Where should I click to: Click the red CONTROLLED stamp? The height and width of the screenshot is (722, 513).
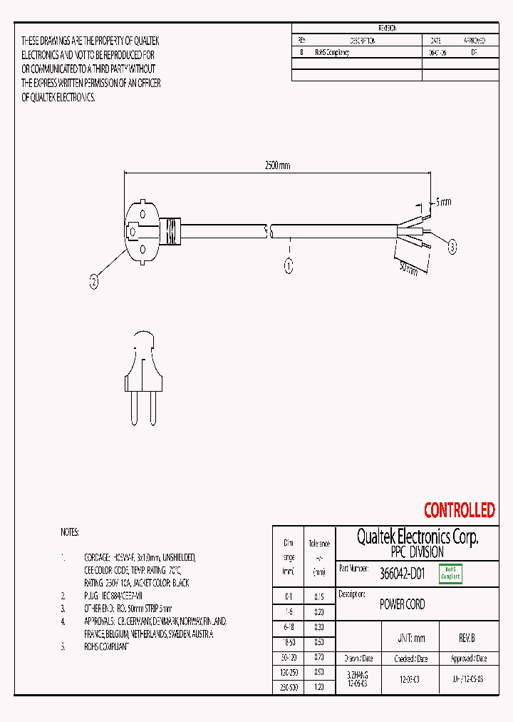pyautogui.click(x=459, y=510)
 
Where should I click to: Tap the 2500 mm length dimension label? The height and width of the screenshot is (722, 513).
pyautogui.click(x=277, y=166)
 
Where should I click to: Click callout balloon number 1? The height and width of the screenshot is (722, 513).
pyautogui.click(x=289, y=266)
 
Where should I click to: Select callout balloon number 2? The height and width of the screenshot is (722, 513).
pyautogui.click(x=94, y=282)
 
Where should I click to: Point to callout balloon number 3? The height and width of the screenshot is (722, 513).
pyautogui.click(x=452, y=247)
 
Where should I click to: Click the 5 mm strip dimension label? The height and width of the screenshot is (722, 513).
pyautogui.click(x=442, y=202)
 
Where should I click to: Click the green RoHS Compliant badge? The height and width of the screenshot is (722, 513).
pyautogui.click(x=450, y=573)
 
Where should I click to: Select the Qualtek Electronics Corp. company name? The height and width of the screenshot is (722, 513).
pyautogui.click(x=417, y=537)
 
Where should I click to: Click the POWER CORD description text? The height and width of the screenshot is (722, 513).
pyautogui.click(x=402, y=604)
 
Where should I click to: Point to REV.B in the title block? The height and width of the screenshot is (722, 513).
pyautogui.click(x=467, y=639)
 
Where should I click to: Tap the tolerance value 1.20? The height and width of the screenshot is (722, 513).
pyautogui.click(x=318, y=686)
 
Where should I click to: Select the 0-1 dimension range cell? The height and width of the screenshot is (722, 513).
pyautogui.click(x=289, y=596)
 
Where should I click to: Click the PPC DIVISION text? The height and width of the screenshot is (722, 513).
pyautogui.click(x=417, y=552)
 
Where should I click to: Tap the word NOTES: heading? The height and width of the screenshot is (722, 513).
pyautogui.click(x=70, y=533)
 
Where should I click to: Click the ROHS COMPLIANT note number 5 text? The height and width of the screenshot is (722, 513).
pyautogui.click(x=107, y=646)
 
